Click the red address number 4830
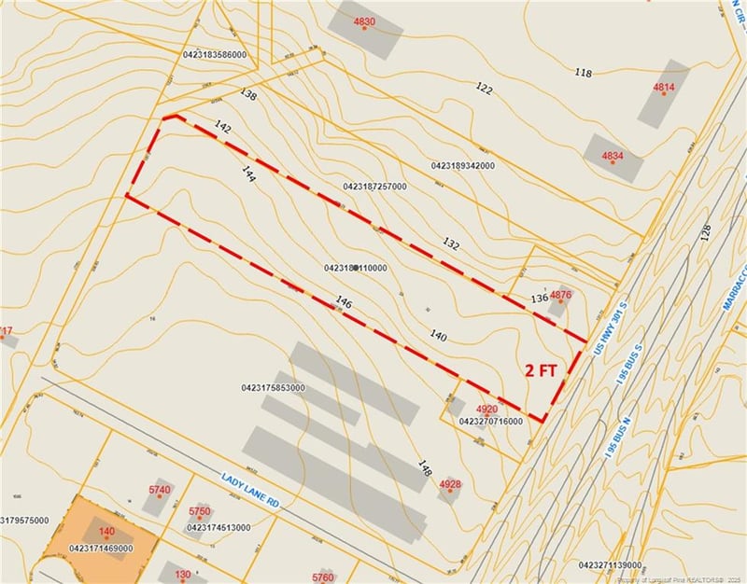[x=364, y=21]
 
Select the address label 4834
[x=613, y=155]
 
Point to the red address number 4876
[x=560, y=296]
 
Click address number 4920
[x=486, y=410]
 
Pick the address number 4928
[x=450, y=483]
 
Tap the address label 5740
[x=160, y=490]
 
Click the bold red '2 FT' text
[x=541, y=370]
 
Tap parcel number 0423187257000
[x=374, y=187]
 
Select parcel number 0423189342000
[x=463, y=165]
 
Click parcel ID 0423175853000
[x=273, y=387]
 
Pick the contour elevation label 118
[x=584, y=73]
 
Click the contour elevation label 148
[x=426, y=468]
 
